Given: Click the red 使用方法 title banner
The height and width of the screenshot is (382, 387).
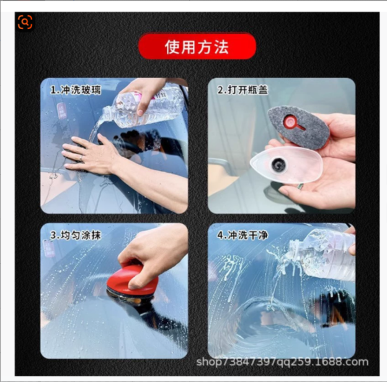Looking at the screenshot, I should pos(197,46).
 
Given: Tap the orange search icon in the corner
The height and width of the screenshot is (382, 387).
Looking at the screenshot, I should pos(25,22).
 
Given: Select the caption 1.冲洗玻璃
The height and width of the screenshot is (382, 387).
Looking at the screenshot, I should pos(75,90).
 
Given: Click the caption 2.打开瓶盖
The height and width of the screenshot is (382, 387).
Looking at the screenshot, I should pos(242,90).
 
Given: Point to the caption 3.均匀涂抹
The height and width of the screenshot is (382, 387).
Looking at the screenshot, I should pos(75,235).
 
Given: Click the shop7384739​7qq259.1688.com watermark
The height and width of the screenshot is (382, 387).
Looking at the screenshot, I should pos(282,362).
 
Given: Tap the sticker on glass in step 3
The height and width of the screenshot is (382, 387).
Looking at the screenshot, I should pos(49,248).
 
